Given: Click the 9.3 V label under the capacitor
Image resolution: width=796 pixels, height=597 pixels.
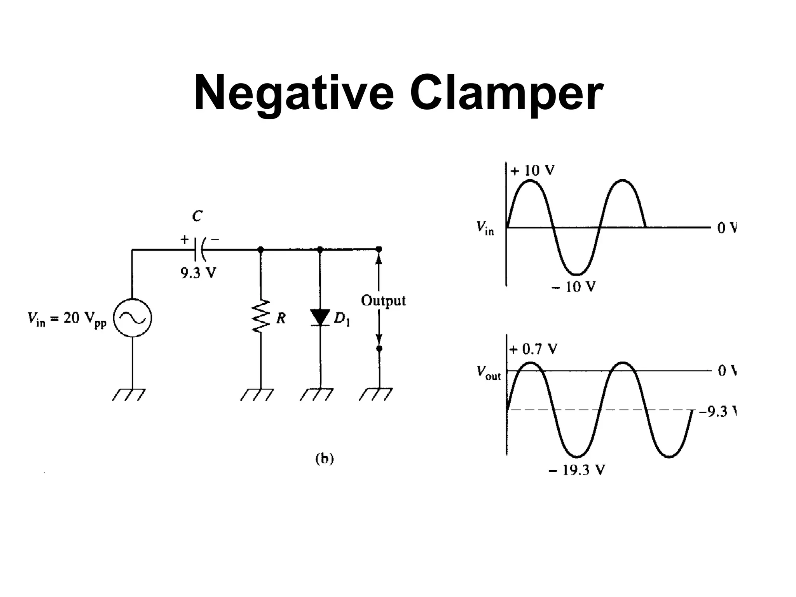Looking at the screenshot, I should coord(198,274).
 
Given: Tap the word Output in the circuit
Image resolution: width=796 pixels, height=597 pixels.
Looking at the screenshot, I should coord(383,300).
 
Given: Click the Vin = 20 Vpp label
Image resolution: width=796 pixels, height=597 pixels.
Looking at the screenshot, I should coord(66,319).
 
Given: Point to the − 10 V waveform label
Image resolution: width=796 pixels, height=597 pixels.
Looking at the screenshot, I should coord(573,287).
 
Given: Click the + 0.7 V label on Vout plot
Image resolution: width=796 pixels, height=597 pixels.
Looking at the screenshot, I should coord(533,349).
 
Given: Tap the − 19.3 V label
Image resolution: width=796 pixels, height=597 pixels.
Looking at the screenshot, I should coord(577,471).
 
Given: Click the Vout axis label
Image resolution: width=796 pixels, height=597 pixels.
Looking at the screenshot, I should coord(489,373).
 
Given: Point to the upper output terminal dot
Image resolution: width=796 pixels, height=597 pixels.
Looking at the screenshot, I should coord(379,249).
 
